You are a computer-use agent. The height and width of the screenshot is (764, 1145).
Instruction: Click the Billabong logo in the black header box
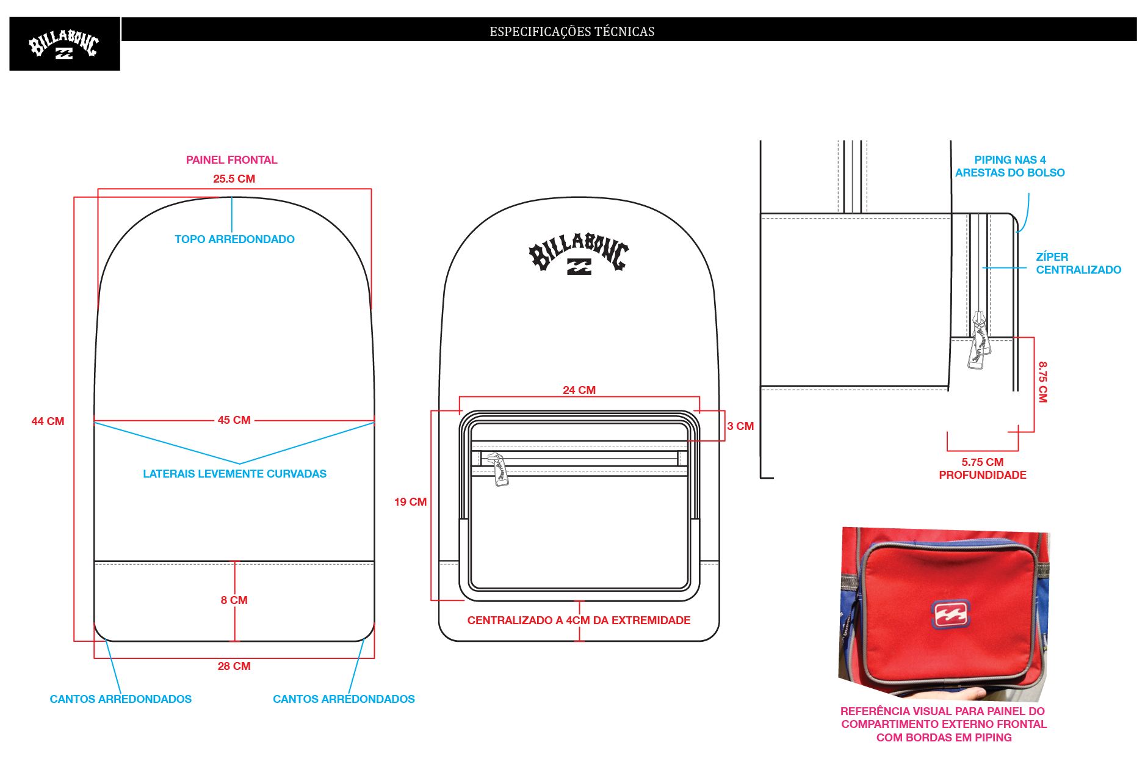pos(63,44)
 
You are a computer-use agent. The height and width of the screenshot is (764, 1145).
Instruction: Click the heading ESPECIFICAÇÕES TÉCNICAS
pos(572,32)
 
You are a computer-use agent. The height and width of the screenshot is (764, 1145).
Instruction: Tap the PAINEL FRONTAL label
pos(231,160)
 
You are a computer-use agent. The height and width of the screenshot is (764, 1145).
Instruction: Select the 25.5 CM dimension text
pos(234,179)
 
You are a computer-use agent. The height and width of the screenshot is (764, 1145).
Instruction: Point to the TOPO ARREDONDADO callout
pos(234,239)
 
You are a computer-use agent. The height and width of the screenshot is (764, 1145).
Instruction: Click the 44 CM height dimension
pos(48,421)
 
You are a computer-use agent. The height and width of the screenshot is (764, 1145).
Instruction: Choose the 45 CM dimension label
pos(234,420)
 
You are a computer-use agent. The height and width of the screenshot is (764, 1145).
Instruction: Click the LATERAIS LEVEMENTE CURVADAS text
pos(234,474)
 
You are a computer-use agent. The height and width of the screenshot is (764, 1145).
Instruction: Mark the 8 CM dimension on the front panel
pos(234,600)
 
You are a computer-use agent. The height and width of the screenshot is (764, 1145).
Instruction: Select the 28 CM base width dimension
pos(234,666)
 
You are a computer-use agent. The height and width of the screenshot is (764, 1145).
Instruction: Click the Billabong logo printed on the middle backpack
pos(579,253)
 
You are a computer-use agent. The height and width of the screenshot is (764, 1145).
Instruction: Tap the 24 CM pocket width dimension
pos(579,390)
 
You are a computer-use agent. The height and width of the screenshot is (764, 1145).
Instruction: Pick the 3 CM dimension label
pos(740,426)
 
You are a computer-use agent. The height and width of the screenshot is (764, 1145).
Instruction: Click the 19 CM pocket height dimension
pos(410,502)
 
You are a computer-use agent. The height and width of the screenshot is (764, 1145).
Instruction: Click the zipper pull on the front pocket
pos(499,469)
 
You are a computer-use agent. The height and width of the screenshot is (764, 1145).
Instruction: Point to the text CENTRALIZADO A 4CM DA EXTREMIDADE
pos(579,620)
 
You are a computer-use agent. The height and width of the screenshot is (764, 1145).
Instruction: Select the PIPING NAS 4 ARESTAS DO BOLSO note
pos(1010,166)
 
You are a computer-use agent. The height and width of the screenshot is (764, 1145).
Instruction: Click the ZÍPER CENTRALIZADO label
pos(1078,263)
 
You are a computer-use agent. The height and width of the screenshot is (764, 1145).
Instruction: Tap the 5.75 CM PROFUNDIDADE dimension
pos(982,468)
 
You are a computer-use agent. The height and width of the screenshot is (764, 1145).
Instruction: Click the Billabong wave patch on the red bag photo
pos(950,614)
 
